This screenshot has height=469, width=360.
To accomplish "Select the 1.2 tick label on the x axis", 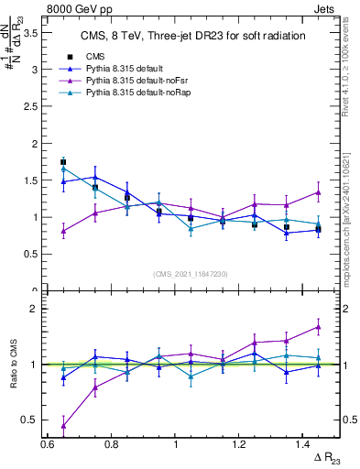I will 239,444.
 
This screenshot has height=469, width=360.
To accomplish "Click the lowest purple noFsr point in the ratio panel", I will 63,425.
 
